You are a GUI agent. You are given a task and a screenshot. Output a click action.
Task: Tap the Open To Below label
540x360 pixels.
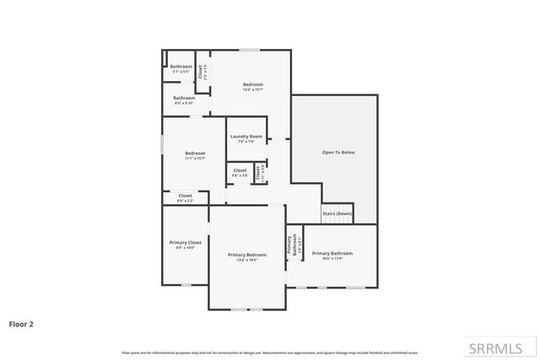(x=334, y=153)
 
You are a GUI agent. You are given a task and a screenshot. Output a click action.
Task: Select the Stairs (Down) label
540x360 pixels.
(x=337, y=214)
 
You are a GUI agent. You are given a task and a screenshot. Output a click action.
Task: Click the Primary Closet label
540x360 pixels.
(x=185, y=242)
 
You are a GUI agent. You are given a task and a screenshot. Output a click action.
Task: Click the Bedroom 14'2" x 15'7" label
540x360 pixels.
(x=253, y=87)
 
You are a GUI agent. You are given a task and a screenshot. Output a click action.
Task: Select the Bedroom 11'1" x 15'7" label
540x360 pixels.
(x=195, y=155)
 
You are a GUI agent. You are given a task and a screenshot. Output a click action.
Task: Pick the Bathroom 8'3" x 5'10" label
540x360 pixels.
(x=184, y=99)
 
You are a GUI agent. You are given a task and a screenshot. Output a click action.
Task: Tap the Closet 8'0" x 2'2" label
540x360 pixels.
(x=185, y=197)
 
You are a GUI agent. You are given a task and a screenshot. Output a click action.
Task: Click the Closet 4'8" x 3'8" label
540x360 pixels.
(x=240, y=173)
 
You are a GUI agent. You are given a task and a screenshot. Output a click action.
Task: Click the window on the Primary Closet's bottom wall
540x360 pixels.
(x=185, y=285)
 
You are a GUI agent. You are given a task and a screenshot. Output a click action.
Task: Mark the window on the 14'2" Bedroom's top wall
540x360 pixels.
(x=248, y=51)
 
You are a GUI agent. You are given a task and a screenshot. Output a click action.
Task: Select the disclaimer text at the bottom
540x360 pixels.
(x=270, y=352)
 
